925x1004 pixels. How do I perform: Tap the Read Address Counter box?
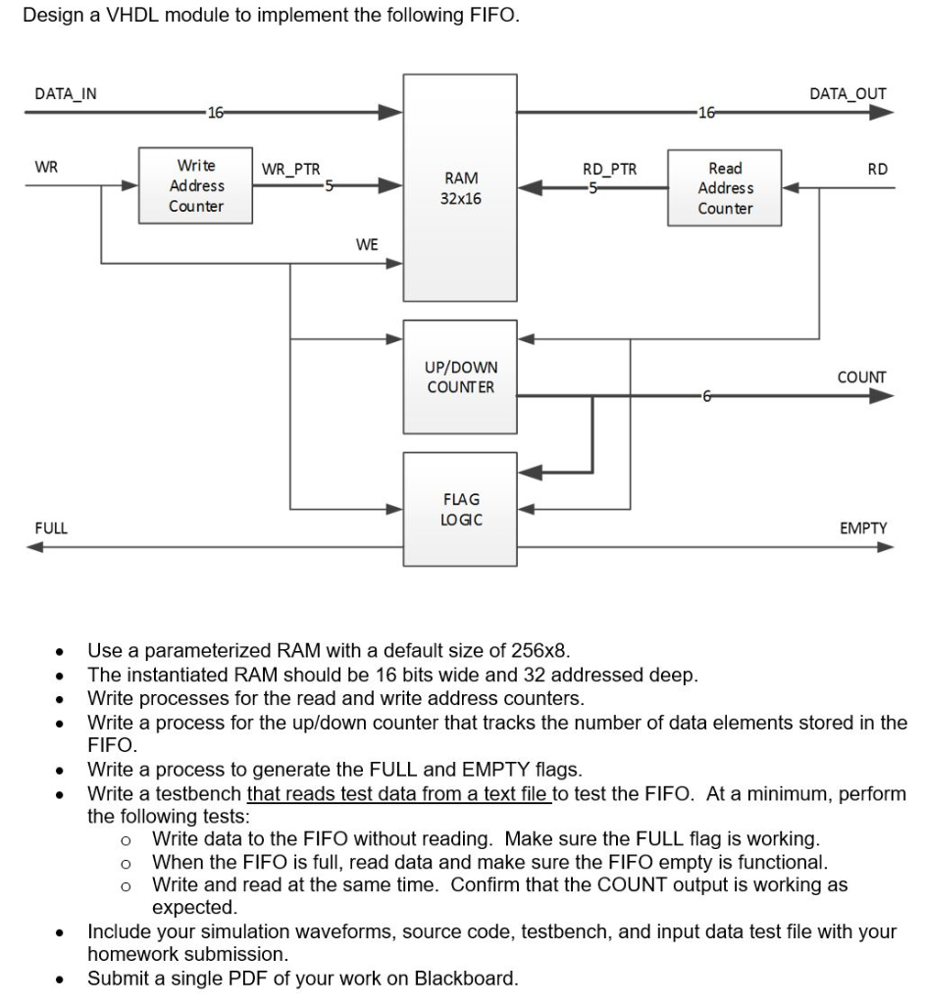(725, 188)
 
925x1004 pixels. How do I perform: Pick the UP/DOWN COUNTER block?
(460, 377)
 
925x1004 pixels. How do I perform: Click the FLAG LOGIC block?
(460, 509)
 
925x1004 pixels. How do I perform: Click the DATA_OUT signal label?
(848, 94)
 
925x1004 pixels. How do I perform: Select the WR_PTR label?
(290, 168)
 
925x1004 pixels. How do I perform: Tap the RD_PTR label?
(610, 169)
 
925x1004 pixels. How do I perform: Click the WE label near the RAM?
(366, 244)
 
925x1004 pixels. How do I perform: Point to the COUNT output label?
(861, 377)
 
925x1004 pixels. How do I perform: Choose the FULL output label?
(51, 528)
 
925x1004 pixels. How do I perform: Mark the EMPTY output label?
(863, 528)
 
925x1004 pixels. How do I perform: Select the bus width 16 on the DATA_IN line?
(214, 113)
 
